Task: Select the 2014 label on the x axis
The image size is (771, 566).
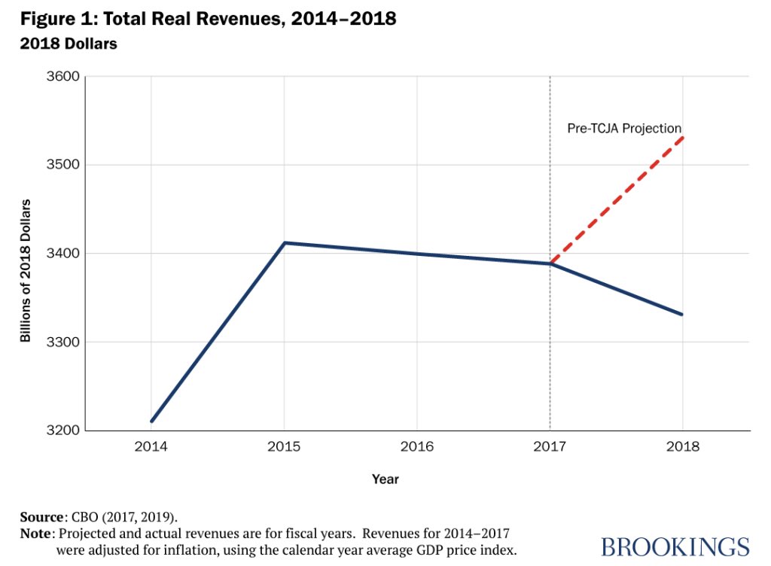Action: [151, 447]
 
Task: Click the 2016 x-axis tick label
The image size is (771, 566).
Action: [417, 447]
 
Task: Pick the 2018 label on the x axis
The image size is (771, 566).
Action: [682, 447]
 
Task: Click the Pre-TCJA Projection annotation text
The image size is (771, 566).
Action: [624, 129]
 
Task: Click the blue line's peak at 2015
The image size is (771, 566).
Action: [285, 242]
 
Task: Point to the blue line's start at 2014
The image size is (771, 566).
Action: [152, 421]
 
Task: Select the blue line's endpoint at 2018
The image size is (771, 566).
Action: [682, 315]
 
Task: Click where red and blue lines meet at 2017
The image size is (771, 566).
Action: [550, 263]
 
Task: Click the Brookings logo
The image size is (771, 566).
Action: [675, 546]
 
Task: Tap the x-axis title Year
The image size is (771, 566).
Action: [385, 479]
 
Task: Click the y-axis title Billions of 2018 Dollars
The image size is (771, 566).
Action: [26, 271]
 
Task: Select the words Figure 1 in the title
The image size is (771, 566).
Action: [54, 19]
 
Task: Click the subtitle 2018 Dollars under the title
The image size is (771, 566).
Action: [69, 44]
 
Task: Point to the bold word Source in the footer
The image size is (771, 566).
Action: [41, 518]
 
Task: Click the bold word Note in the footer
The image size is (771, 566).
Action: [36, 534]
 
